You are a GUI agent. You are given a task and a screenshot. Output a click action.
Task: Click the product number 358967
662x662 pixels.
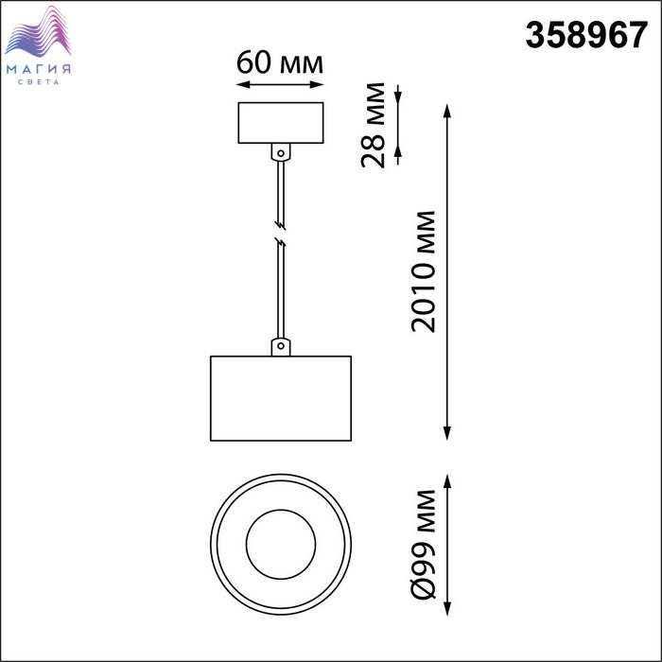pyautogui.click(x=586, y=35)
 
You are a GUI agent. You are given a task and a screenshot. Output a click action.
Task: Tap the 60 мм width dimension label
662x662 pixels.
pyautogui.click(x=280, y=63)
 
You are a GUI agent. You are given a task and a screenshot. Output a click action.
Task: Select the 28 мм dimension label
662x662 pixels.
pyautogui.click(x=374, y=126)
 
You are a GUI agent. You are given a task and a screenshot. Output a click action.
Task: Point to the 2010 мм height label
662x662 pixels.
pyautogui.click(x=423, y=271)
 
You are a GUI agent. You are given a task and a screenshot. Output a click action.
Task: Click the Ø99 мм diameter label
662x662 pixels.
pyautogui.click(x=423, y=544)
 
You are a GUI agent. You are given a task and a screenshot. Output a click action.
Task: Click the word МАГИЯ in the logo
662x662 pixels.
pyautogui.click(x=39, y=69)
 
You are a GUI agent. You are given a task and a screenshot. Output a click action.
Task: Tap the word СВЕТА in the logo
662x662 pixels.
pyautogui.click(x=39, y=82)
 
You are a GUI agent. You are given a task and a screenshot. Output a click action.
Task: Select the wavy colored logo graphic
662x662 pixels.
pyautogui.click(x=38, y=31)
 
